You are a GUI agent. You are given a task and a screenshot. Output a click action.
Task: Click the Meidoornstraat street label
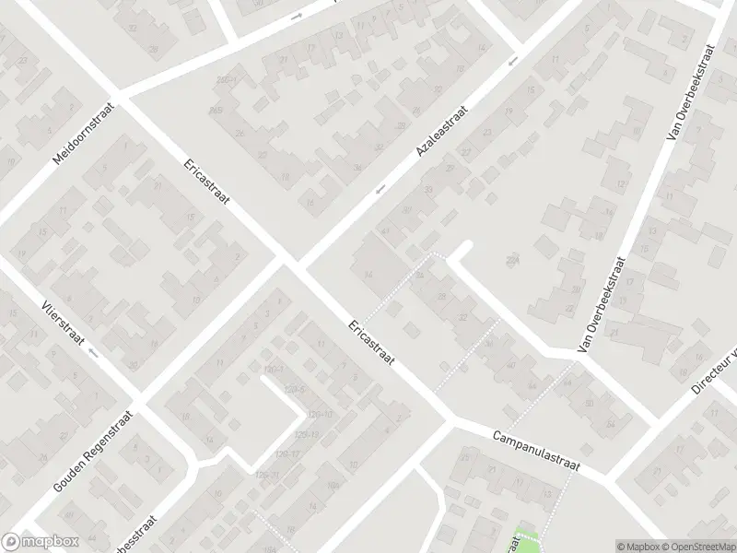coord(82,133)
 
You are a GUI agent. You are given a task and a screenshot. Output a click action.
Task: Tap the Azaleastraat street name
coord(442,130)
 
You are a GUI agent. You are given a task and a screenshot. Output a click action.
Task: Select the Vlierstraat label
coord(63,324)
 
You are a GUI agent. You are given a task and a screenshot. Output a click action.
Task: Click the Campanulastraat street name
coord(534,451)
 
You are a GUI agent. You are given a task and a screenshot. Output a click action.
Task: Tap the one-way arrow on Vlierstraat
coord(92,351)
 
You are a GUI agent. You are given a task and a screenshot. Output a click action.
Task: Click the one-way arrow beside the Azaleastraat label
coord(379,191)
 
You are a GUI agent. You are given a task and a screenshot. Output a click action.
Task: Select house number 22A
coord(513,263)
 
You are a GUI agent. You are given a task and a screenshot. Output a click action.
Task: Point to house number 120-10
coord(320,414)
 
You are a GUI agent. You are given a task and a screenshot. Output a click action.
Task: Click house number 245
coord(216,111)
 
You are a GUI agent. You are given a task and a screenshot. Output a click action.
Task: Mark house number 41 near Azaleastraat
coord(385,231)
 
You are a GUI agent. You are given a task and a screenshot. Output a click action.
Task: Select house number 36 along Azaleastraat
coord(357,167)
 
